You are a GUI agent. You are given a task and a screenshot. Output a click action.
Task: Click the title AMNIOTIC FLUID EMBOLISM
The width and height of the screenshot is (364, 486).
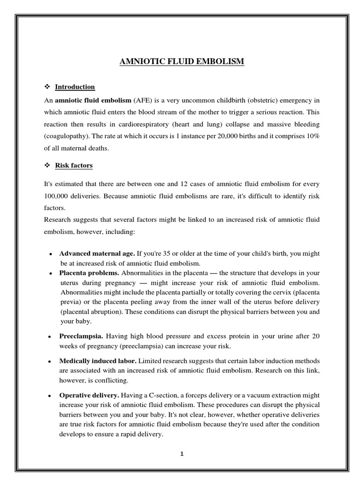pyautogui.click(x=182, y=61)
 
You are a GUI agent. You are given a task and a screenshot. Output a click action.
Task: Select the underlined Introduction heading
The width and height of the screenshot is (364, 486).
pyautogui.click(x=75, y=87)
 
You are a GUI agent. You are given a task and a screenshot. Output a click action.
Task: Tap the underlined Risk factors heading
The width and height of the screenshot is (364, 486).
pyautogui.click(x=73, y=166)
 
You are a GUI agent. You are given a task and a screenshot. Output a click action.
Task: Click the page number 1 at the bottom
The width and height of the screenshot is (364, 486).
pyautogui.click(x=182, y=453)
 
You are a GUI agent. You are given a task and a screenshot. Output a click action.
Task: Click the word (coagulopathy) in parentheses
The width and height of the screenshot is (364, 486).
pyautogui.click(x=67, y=137)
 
